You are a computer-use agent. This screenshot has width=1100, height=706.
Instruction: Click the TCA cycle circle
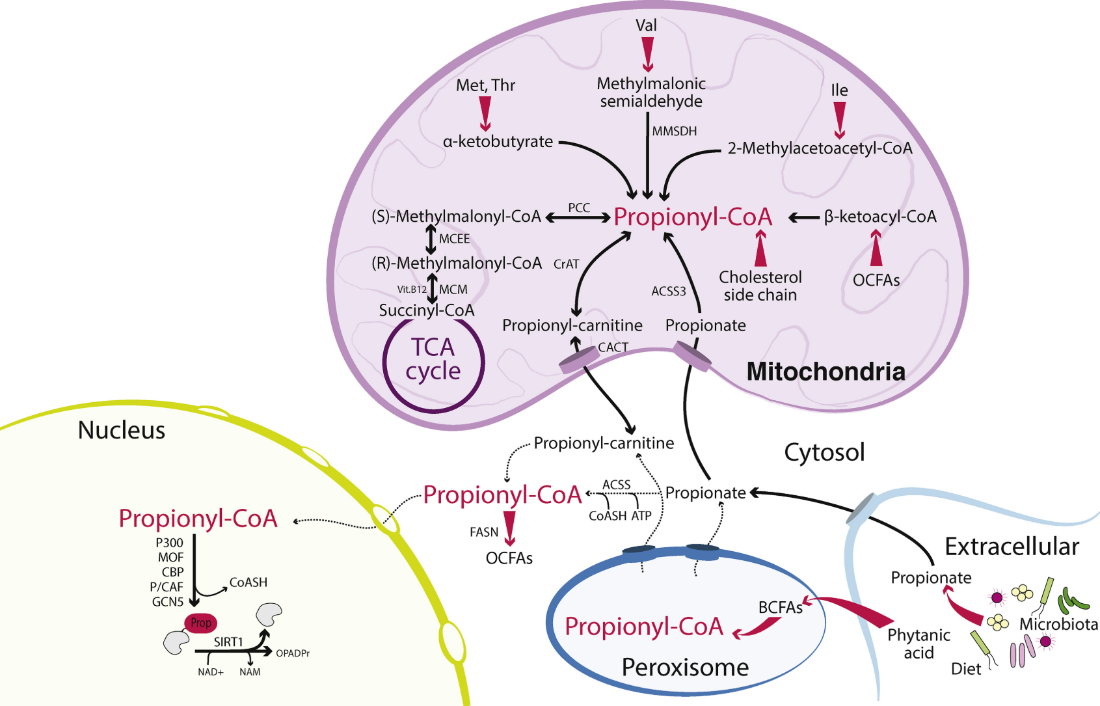coord(433,360)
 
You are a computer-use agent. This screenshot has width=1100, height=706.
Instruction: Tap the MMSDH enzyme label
coord(675,131)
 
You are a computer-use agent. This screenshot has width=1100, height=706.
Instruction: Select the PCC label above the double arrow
coord(579,208)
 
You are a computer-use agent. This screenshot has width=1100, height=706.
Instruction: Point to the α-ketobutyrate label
coord(498,142)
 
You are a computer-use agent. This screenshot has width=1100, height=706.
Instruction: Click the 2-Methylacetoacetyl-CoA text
coord(820,148)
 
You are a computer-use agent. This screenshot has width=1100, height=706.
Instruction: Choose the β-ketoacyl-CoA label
coord(880,217)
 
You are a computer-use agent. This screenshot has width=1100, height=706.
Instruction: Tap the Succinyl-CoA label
coord(427,310)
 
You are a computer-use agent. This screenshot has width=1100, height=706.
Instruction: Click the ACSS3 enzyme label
coord(669,292)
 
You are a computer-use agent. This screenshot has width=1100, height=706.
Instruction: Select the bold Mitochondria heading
coord(825,372)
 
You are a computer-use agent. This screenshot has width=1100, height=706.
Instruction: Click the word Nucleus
coord(122,430)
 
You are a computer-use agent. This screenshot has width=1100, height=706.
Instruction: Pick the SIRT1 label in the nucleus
coord(228,642)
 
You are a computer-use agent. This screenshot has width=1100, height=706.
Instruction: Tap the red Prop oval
coord(201,623)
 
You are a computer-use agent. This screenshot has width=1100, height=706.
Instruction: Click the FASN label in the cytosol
coord(484,532)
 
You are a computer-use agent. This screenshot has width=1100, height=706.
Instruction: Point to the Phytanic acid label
coord(919,644)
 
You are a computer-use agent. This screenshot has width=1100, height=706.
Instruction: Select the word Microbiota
coord(1058,625)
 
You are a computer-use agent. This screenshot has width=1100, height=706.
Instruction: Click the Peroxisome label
coord(685,668)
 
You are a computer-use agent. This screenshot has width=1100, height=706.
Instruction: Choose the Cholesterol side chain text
coord(760,286)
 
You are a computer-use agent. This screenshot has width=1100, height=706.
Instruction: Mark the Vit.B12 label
coord(412,290)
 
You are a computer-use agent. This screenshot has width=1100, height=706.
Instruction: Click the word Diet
coord(966,669)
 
